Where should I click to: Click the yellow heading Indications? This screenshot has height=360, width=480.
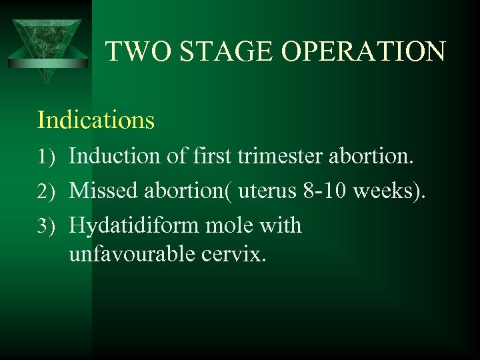pos(96,120)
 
